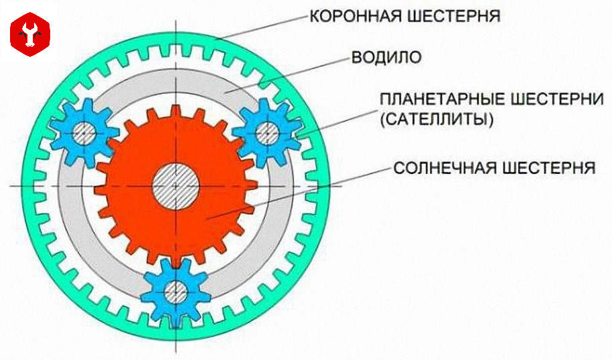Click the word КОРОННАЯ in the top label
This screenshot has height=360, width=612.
pos(356,15)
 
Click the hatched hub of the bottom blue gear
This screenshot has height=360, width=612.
pos(176,290)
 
